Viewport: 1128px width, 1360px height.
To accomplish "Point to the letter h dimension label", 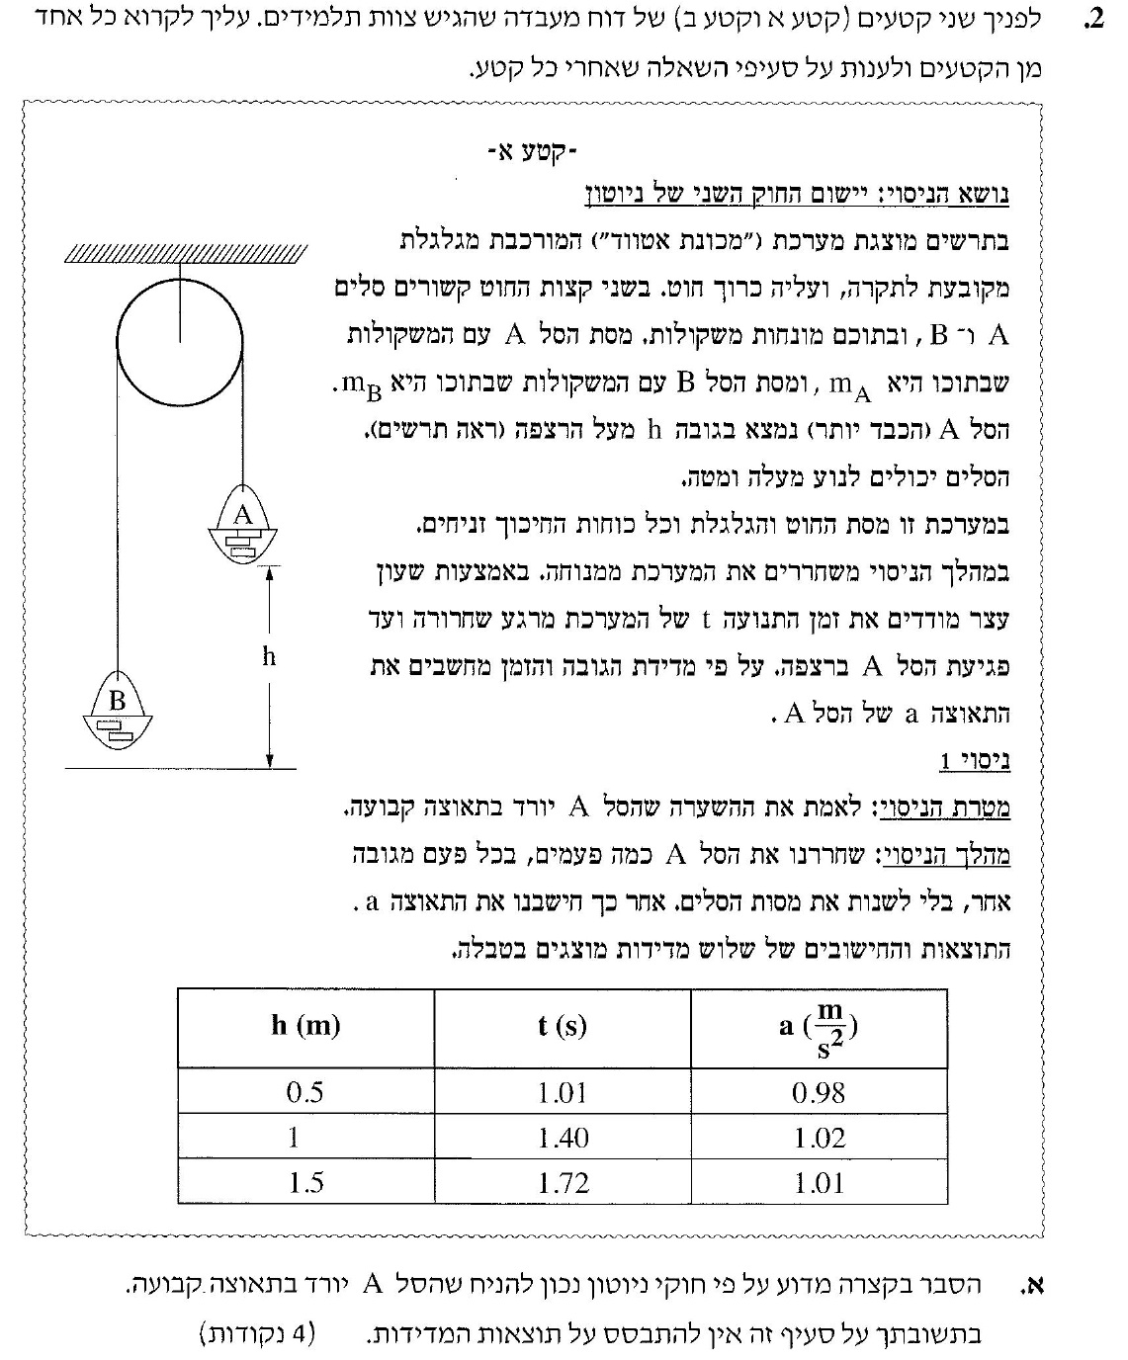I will (269, 657).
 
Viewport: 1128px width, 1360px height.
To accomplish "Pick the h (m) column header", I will (305, 1026).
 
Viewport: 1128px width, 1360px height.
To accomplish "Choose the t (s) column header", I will (562, 1026).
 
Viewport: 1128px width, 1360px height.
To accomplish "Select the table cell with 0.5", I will (305, 1092).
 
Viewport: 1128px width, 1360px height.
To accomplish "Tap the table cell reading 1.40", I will (563, 1138).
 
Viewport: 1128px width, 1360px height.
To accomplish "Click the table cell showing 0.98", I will (819, 1092).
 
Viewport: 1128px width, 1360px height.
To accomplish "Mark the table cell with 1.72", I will (563, 1182).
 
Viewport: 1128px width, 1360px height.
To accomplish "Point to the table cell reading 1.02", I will (820, 1138).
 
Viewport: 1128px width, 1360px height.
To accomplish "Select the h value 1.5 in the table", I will (305, 1182).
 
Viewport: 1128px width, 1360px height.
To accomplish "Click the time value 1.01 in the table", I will (563, 1092).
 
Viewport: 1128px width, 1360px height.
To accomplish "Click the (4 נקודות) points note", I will (256, 1333).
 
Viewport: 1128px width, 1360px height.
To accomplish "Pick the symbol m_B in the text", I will (363, 383).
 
